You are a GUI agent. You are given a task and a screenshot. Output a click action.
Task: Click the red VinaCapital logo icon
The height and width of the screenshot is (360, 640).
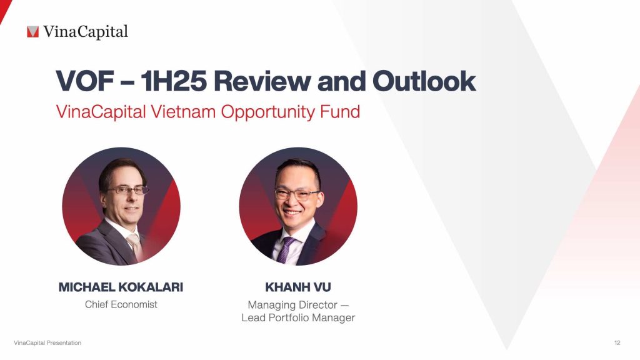click(32, 31)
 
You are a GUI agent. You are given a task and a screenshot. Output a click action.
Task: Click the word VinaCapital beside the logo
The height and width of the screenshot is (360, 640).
click(86, 31)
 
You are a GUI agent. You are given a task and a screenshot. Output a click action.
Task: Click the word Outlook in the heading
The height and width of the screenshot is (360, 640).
click(424, 81)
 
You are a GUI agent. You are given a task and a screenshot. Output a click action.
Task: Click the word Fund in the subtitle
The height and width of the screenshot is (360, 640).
click(342, 112)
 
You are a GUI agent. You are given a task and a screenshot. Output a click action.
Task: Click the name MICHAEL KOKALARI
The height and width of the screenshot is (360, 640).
click(121, 287)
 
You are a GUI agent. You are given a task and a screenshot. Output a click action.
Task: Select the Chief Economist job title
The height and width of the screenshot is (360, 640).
click(121, 304)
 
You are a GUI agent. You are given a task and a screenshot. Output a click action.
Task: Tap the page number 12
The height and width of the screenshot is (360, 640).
click(617, 343)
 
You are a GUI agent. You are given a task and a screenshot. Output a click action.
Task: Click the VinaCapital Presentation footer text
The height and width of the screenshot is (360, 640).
click(47, 343)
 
